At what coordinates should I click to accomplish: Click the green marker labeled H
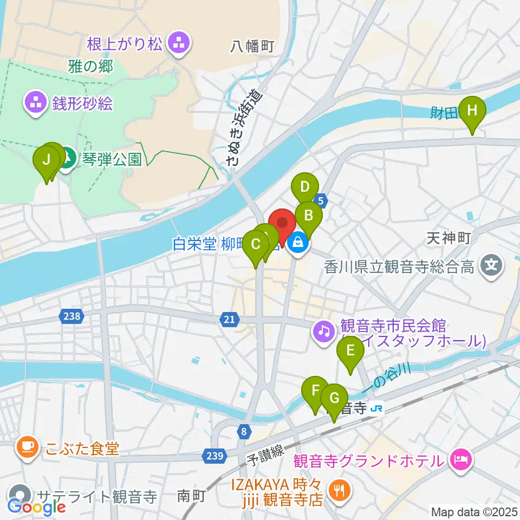(x=472, y=112)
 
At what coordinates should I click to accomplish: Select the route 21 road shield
(x=229, y=320)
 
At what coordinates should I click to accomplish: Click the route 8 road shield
(x=244, y=431)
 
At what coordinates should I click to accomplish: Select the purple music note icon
(x=324, y=330)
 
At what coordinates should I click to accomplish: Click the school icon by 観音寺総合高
(x=491, y=266)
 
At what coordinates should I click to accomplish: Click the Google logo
(x=37, y=506)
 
